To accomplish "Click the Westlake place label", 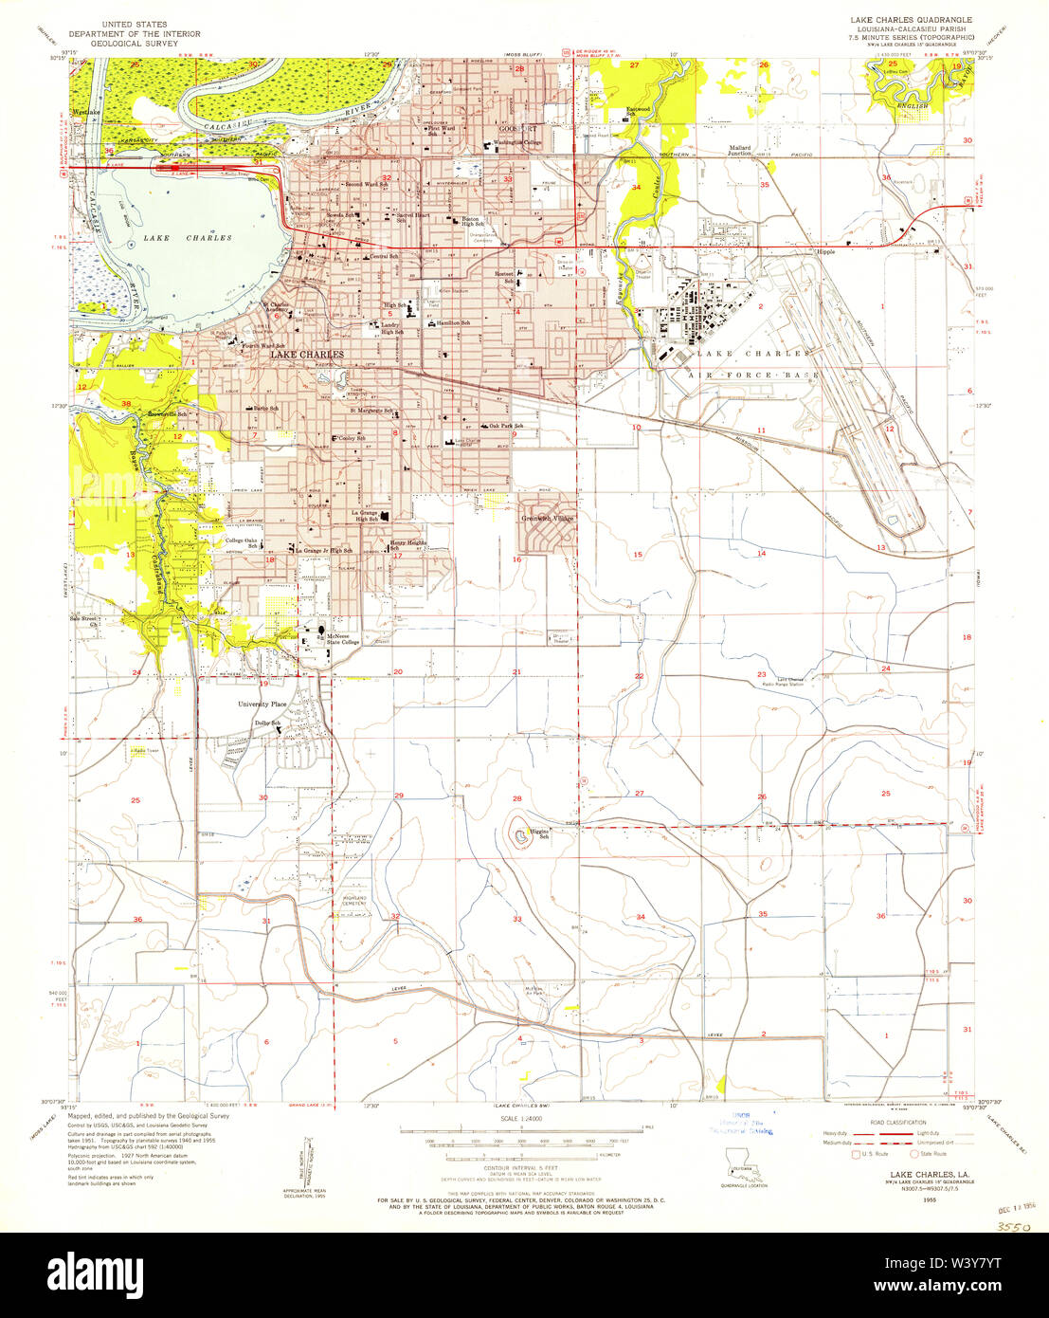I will tap(85, 112).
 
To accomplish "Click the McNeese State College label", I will tap(345, 638).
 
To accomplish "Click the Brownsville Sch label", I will tap(172, 414).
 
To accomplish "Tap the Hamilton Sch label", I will tap(452, 323).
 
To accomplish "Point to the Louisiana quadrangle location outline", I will tap(742, 1161).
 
